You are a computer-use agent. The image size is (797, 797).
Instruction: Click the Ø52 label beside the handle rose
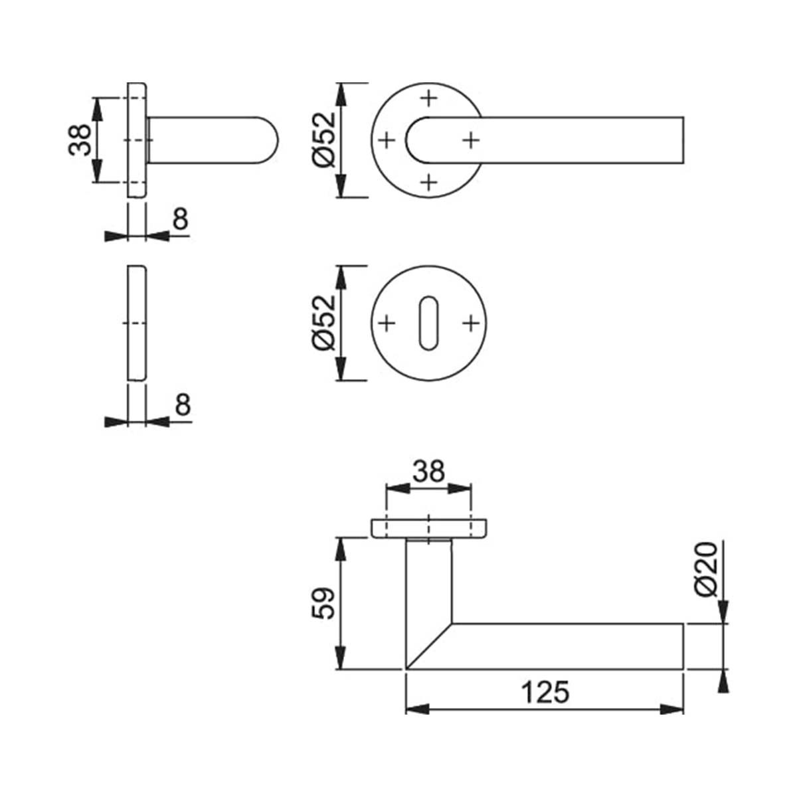click(x=324, y=139)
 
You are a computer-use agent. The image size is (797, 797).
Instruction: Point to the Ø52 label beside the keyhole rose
click(x=324, y=323)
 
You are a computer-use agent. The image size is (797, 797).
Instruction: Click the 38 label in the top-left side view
click(x=80, y=139)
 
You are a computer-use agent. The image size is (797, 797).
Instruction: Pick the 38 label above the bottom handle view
click(x=428, y=471)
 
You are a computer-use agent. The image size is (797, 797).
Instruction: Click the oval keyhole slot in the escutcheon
click(x=428, y=323)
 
